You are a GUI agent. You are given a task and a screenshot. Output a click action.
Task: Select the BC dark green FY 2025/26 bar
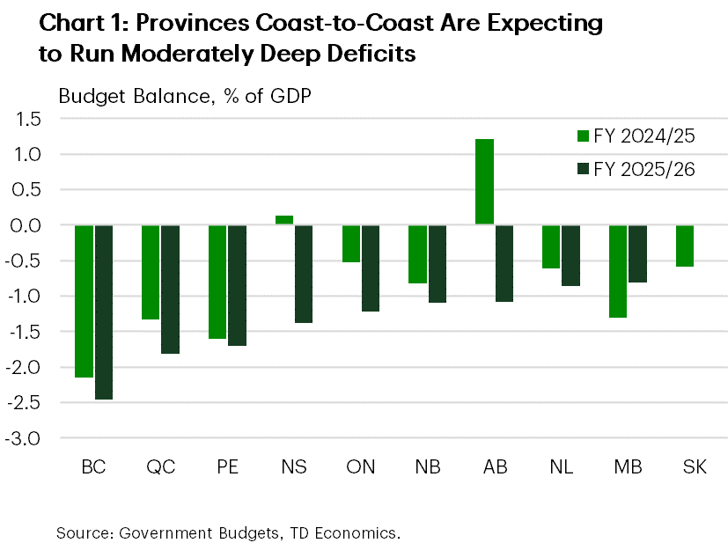click(x=103, y=312)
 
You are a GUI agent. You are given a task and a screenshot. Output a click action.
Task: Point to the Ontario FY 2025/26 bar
click(x=371, y=268)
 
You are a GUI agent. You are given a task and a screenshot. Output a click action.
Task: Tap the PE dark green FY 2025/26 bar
click(x=237, y=285)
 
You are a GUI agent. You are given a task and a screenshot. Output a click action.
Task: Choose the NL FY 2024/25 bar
click(x=551, y=246)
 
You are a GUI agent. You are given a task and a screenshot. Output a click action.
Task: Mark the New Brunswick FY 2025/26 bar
click(x=438, y=264)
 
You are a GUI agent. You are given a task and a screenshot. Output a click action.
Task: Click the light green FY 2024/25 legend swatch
click(x=582, y=136)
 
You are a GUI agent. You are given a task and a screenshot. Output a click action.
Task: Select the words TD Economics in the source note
click(x=351, y=532)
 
